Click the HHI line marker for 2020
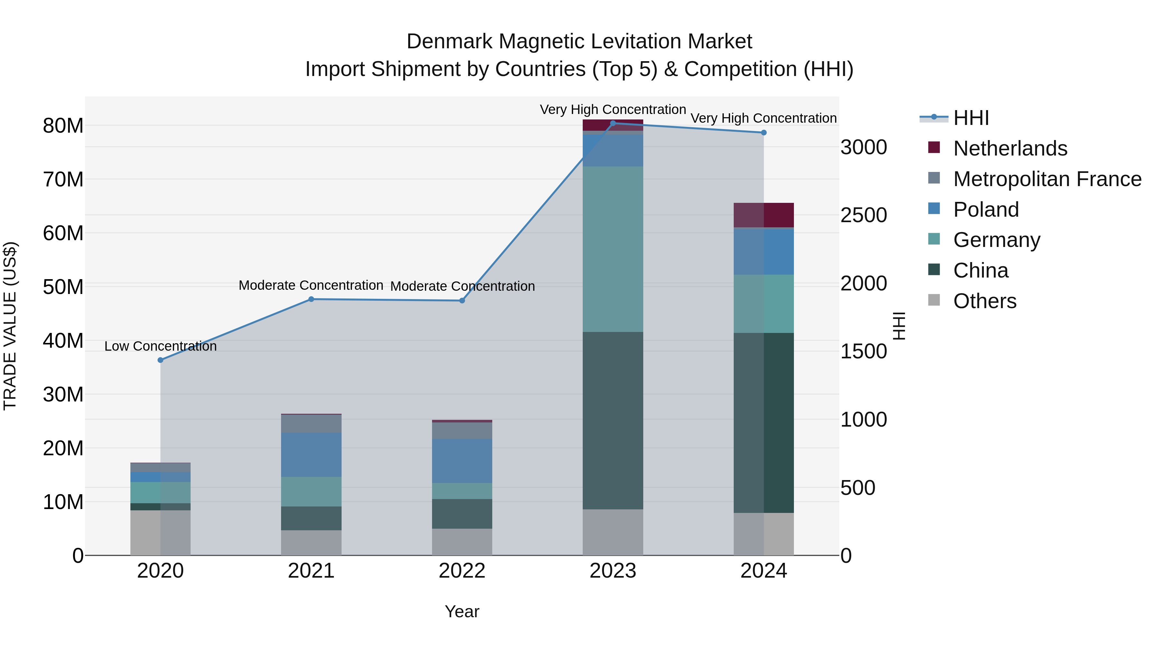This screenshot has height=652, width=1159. point(160,360)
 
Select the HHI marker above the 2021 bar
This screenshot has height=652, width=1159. point(311,299)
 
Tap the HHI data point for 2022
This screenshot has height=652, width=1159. point(462,301)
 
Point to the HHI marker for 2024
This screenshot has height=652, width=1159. point(764,133)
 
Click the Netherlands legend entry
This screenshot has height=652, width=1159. point(1010,148)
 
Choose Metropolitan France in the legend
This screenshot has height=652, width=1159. point(1047,179)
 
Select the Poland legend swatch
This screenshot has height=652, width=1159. point(934,209)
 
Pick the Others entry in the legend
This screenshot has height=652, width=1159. point(985,301)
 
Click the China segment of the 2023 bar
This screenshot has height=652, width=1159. point(613,421)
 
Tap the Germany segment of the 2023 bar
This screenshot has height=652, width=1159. point(613,249)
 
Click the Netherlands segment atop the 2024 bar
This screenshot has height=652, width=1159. point(764,215)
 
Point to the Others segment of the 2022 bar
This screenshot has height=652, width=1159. point(462,542)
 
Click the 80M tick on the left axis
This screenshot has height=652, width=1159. point(63,126)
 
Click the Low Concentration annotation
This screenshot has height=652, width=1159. point(160,346)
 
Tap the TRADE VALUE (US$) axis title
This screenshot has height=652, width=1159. point(10,326)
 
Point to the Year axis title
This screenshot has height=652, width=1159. point(462,611)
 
